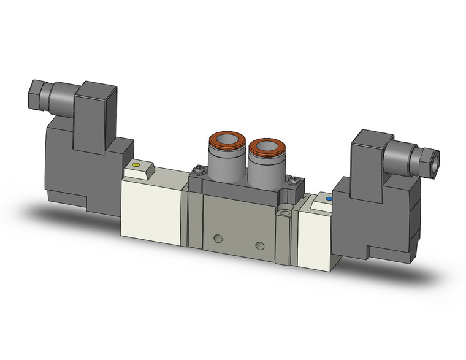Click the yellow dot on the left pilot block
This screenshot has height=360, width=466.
pyautogui.click(x=136, y=165)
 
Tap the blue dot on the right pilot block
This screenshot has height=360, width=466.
pyautogui.click(x=329, y=199)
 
